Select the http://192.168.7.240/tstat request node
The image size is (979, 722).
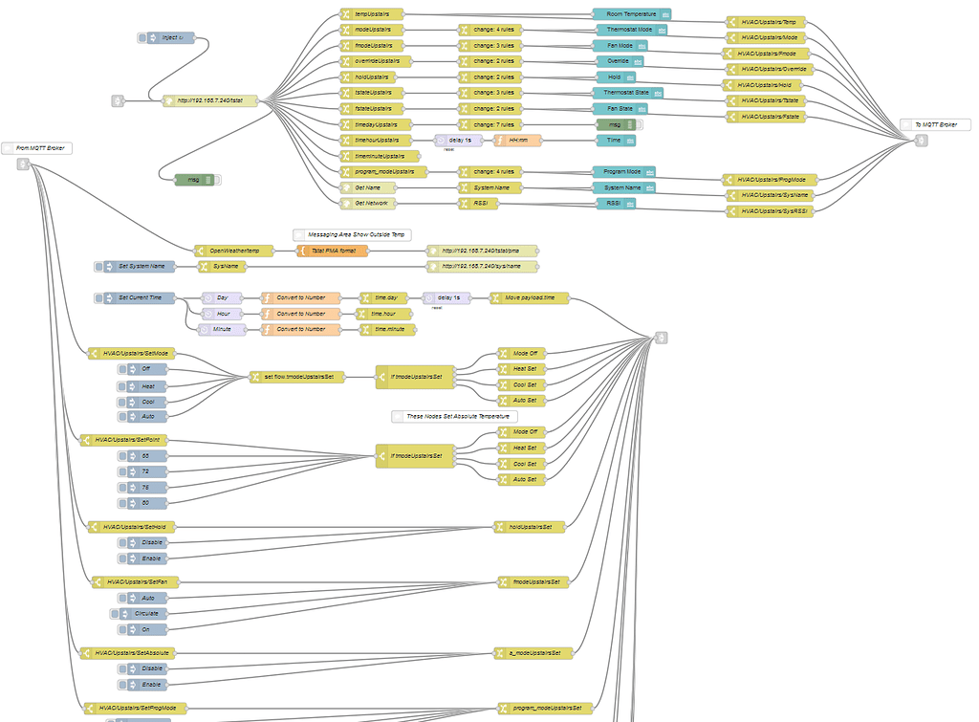[209, 99]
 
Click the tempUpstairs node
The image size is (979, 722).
[372, 14]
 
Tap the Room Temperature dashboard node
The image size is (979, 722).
[631, 14]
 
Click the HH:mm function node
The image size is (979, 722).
[517, 140]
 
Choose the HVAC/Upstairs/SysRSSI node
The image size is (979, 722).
[770, 210]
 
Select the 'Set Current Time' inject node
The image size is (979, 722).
[140, 298]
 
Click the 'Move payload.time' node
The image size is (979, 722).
[529, 298]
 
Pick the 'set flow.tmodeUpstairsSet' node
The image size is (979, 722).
[296, 377]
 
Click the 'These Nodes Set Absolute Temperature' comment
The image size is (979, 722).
[455, 416]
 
